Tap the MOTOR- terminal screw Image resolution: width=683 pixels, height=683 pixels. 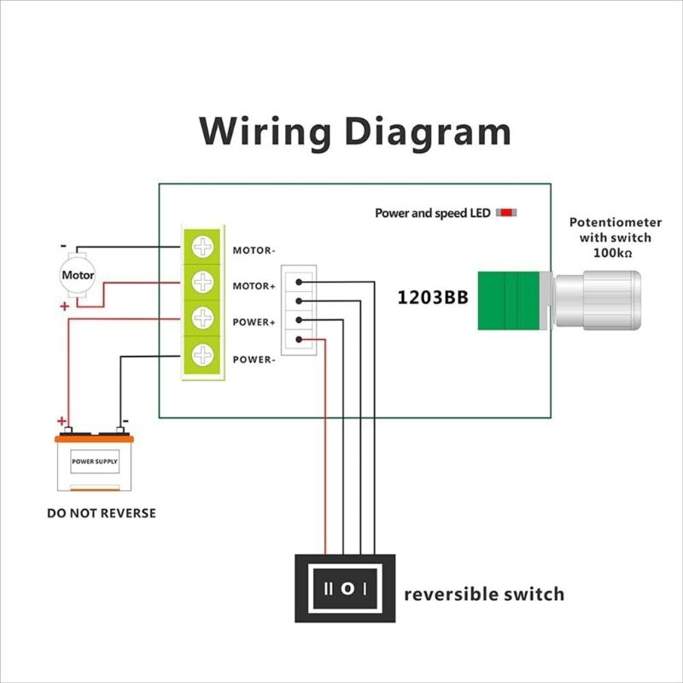202,248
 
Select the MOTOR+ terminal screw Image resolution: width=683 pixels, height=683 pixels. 202,281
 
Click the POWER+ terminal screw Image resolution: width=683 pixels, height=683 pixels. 202,318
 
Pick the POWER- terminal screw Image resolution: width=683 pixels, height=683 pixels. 202,353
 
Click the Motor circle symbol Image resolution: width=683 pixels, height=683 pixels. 78,275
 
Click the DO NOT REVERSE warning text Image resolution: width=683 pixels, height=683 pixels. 102,514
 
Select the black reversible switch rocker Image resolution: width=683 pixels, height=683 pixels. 346,588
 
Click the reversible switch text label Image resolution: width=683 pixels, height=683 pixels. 484,593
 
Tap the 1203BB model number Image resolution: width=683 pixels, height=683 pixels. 430,298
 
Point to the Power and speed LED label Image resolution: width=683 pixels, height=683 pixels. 432,213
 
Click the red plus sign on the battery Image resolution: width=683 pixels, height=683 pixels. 61,421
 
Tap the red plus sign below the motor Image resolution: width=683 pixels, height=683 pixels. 65,306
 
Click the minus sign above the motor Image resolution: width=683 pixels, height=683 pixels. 64,247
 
